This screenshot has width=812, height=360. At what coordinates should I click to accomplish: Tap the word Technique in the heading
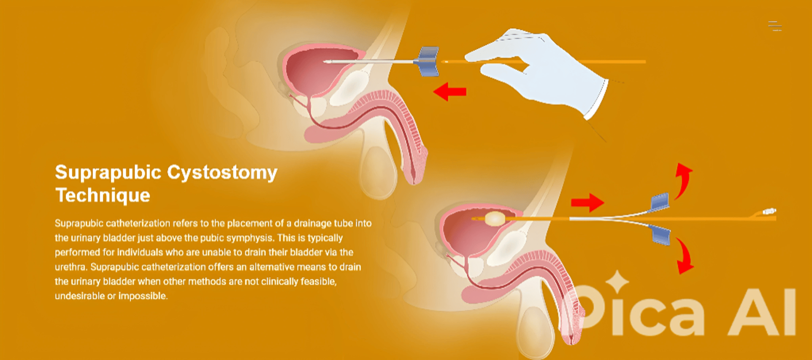(x=103, y=195)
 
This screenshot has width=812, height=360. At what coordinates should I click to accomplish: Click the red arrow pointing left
(x=450, y=91)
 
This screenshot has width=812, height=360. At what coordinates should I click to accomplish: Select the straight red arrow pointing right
(x=587, y=203)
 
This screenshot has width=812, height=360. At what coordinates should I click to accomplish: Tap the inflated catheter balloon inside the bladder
(x=495, y=219)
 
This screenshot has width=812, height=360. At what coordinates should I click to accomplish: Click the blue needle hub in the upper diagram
(x=428, y=62)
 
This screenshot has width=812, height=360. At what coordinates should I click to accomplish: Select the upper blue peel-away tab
(x=659, y=202)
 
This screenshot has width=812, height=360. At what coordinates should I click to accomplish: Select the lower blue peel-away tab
(x=661, y=235)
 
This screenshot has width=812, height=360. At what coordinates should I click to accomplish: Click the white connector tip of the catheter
(x=769, y=211)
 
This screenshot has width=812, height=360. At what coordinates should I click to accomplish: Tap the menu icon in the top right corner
(x=775, y=26)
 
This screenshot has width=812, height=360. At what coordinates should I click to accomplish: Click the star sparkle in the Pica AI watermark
(x=617, y=281)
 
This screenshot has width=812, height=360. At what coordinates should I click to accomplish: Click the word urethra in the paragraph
(x=71, y=267)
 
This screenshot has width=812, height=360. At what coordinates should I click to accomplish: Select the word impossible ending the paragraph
(x=143, y=296)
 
